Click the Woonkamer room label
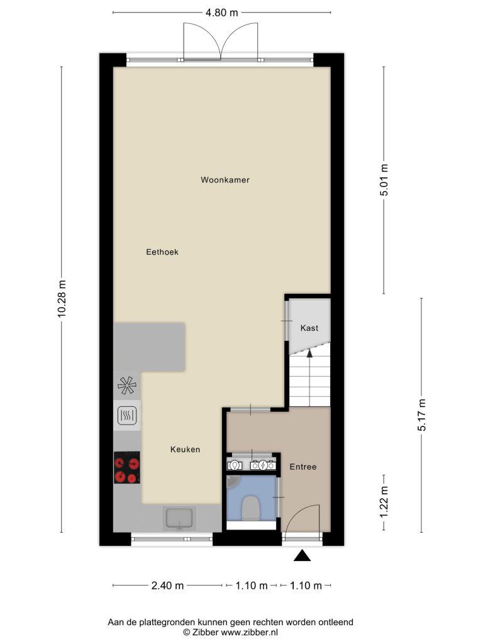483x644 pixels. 225,180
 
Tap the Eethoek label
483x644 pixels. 162,252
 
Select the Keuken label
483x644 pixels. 186,450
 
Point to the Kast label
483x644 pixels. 309,328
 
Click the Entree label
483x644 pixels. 303,467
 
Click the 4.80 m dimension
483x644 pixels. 222,13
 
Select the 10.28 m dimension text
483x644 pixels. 62,299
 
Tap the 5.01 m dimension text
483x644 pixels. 384,180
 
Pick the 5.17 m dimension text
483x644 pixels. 422,415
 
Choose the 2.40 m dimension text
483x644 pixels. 167,586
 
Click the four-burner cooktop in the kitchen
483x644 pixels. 127,468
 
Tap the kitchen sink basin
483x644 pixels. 179,518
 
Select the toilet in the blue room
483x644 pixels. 250,508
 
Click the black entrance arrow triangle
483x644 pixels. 303,555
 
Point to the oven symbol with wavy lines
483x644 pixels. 127,416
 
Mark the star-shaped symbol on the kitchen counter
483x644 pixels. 127,386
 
